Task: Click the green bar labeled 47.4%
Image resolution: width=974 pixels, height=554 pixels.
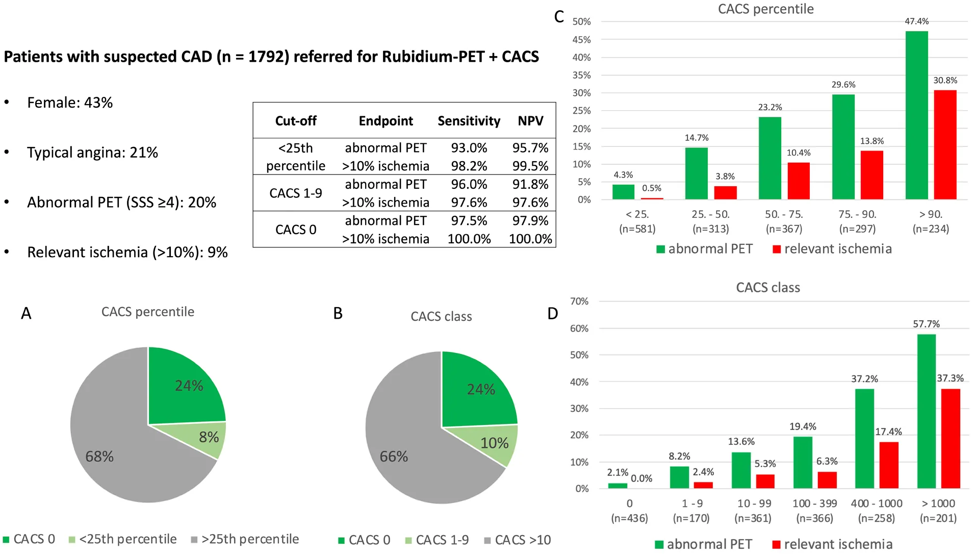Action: point(916,115)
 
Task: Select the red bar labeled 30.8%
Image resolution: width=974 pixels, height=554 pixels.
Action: point(945,145)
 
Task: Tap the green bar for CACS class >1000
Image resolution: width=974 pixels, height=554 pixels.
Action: point(926,411)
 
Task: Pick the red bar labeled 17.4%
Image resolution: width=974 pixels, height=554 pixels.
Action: point(889,465)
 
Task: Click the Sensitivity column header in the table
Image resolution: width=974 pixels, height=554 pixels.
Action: point(469,121)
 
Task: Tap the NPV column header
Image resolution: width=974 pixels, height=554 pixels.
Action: point(530,121)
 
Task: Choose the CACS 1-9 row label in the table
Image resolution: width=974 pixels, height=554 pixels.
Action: point(296,193)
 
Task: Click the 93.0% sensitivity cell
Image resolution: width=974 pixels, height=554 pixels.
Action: point(469,148)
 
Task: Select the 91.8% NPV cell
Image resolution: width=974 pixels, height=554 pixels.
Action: point(530,184)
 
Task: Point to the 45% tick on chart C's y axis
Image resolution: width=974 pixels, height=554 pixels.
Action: point(581,40)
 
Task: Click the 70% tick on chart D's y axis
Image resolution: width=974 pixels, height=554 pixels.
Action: point(579,301)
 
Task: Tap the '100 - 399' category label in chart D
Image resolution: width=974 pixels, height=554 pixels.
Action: point(814,503)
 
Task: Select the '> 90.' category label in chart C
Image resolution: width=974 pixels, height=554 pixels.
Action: point(931,215)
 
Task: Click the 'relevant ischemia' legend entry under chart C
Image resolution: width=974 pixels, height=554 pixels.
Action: point(832,249)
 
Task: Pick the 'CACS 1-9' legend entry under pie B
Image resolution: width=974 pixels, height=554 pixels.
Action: point(437,540)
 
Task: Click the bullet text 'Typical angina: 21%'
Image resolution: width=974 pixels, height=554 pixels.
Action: point(92,153)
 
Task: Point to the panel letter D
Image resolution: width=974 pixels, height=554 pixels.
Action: point(552,314)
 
